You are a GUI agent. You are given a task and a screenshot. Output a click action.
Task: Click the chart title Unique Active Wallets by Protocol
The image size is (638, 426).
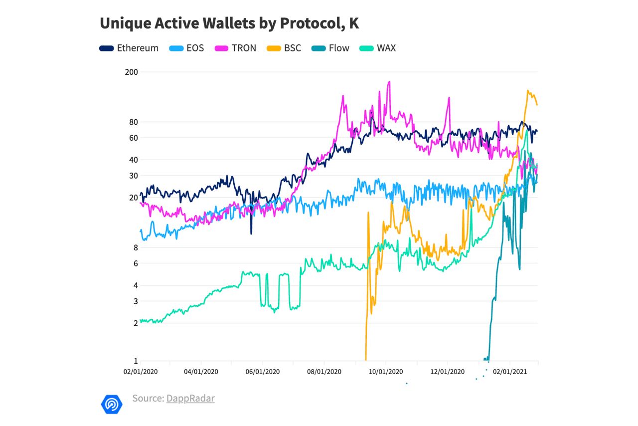click(x=229, y=23)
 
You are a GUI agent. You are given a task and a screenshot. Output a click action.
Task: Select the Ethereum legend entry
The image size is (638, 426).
click(x=129, y=48)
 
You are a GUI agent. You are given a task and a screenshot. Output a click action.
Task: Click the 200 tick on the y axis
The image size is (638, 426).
click(x=131, y=72)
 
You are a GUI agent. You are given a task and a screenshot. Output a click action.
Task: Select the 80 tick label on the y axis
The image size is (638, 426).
click(x=133, y=122)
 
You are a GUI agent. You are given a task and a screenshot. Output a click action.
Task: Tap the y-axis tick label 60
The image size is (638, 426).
click(x=133, y=138)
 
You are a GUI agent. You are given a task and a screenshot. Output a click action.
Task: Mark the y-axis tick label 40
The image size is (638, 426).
click(x=133, y=160)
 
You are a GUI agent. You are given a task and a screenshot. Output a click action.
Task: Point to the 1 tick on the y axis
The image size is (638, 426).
click(x=135, y=361)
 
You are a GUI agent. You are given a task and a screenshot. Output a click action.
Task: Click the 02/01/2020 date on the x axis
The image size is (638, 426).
click(x=141, y=372)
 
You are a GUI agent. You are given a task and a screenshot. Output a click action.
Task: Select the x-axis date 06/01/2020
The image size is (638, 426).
click(x=263, y=372)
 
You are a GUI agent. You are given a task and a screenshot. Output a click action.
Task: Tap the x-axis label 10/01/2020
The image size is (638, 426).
click(x=385, y=372)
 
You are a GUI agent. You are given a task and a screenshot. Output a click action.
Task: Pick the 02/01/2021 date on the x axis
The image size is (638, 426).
click(x=509, y=372)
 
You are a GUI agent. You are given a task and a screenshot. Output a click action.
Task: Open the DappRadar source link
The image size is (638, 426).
click(x=190, y=399)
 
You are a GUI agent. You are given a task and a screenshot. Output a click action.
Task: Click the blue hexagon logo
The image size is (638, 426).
click(x=111, y=403)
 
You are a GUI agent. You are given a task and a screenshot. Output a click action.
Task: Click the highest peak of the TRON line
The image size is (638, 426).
click(x=389, y=82)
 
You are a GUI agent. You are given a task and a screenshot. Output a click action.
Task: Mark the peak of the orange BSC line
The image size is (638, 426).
click(x=528, y=91)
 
